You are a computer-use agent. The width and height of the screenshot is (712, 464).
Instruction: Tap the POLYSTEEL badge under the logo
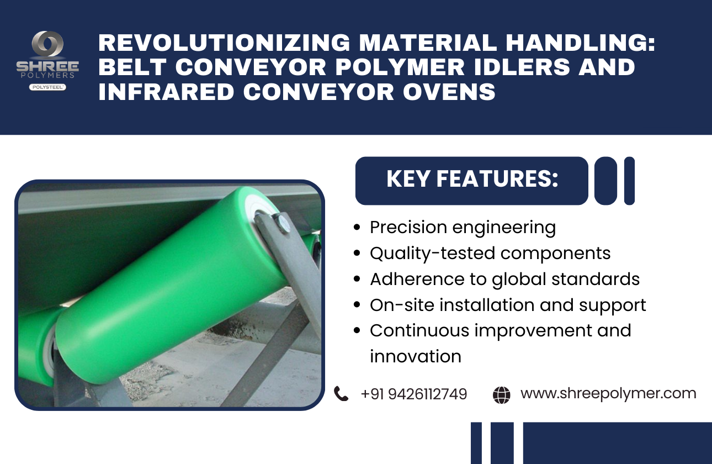47,87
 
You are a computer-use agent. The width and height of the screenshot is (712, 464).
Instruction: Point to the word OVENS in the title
449,92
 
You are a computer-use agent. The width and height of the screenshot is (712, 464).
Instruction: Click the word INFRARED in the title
166,92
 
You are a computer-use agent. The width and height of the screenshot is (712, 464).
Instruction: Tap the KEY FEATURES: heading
472,179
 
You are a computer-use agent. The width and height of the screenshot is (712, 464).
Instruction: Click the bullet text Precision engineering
463,228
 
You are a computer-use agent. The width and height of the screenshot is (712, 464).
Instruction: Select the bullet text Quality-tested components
490,254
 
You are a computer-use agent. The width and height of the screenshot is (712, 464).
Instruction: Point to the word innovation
416,356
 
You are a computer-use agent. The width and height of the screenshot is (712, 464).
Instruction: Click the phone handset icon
341,394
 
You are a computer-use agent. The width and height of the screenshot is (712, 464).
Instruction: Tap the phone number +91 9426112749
414,394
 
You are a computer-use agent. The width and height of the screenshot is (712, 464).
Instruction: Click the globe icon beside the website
502,395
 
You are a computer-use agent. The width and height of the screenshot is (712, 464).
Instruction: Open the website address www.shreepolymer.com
608,394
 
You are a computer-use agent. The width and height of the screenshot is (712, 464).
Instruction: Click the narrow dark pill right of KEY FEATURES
629,181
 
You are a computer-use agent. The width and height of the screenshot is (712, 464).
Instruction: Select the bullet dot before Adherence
357,279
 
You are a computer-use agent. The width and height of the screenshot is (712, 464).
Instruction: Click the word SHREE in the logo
47,66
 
